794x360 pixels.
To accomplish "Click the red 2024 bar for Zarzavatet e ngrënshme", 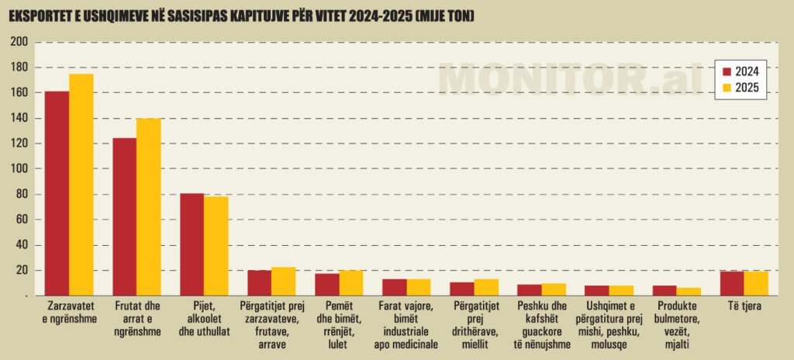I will click(x=57, y=193).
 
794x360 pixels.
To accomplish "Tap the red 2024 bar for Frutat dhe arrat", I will click(x=124, y=216).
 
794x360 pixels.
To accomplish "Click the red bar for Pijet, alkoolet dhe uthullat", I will click(x=192, y=244).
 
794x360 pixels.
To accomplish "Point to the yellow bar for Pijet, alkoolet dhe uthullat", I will click(x=216, y=246).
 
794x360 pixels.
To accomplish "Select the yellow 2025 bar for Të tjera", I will click(x=756, y=283).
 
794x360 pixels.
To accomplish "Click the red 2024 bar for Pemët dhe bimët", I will click(x=326, y=285).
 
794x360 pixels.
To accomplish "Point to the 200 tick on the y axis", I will click(x=19, y=43).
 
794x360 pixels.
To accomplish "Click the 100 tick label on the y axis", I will click(x=19, y=169).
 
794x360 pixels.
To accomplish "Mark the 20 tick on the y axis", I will click(x=22, y=270).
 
